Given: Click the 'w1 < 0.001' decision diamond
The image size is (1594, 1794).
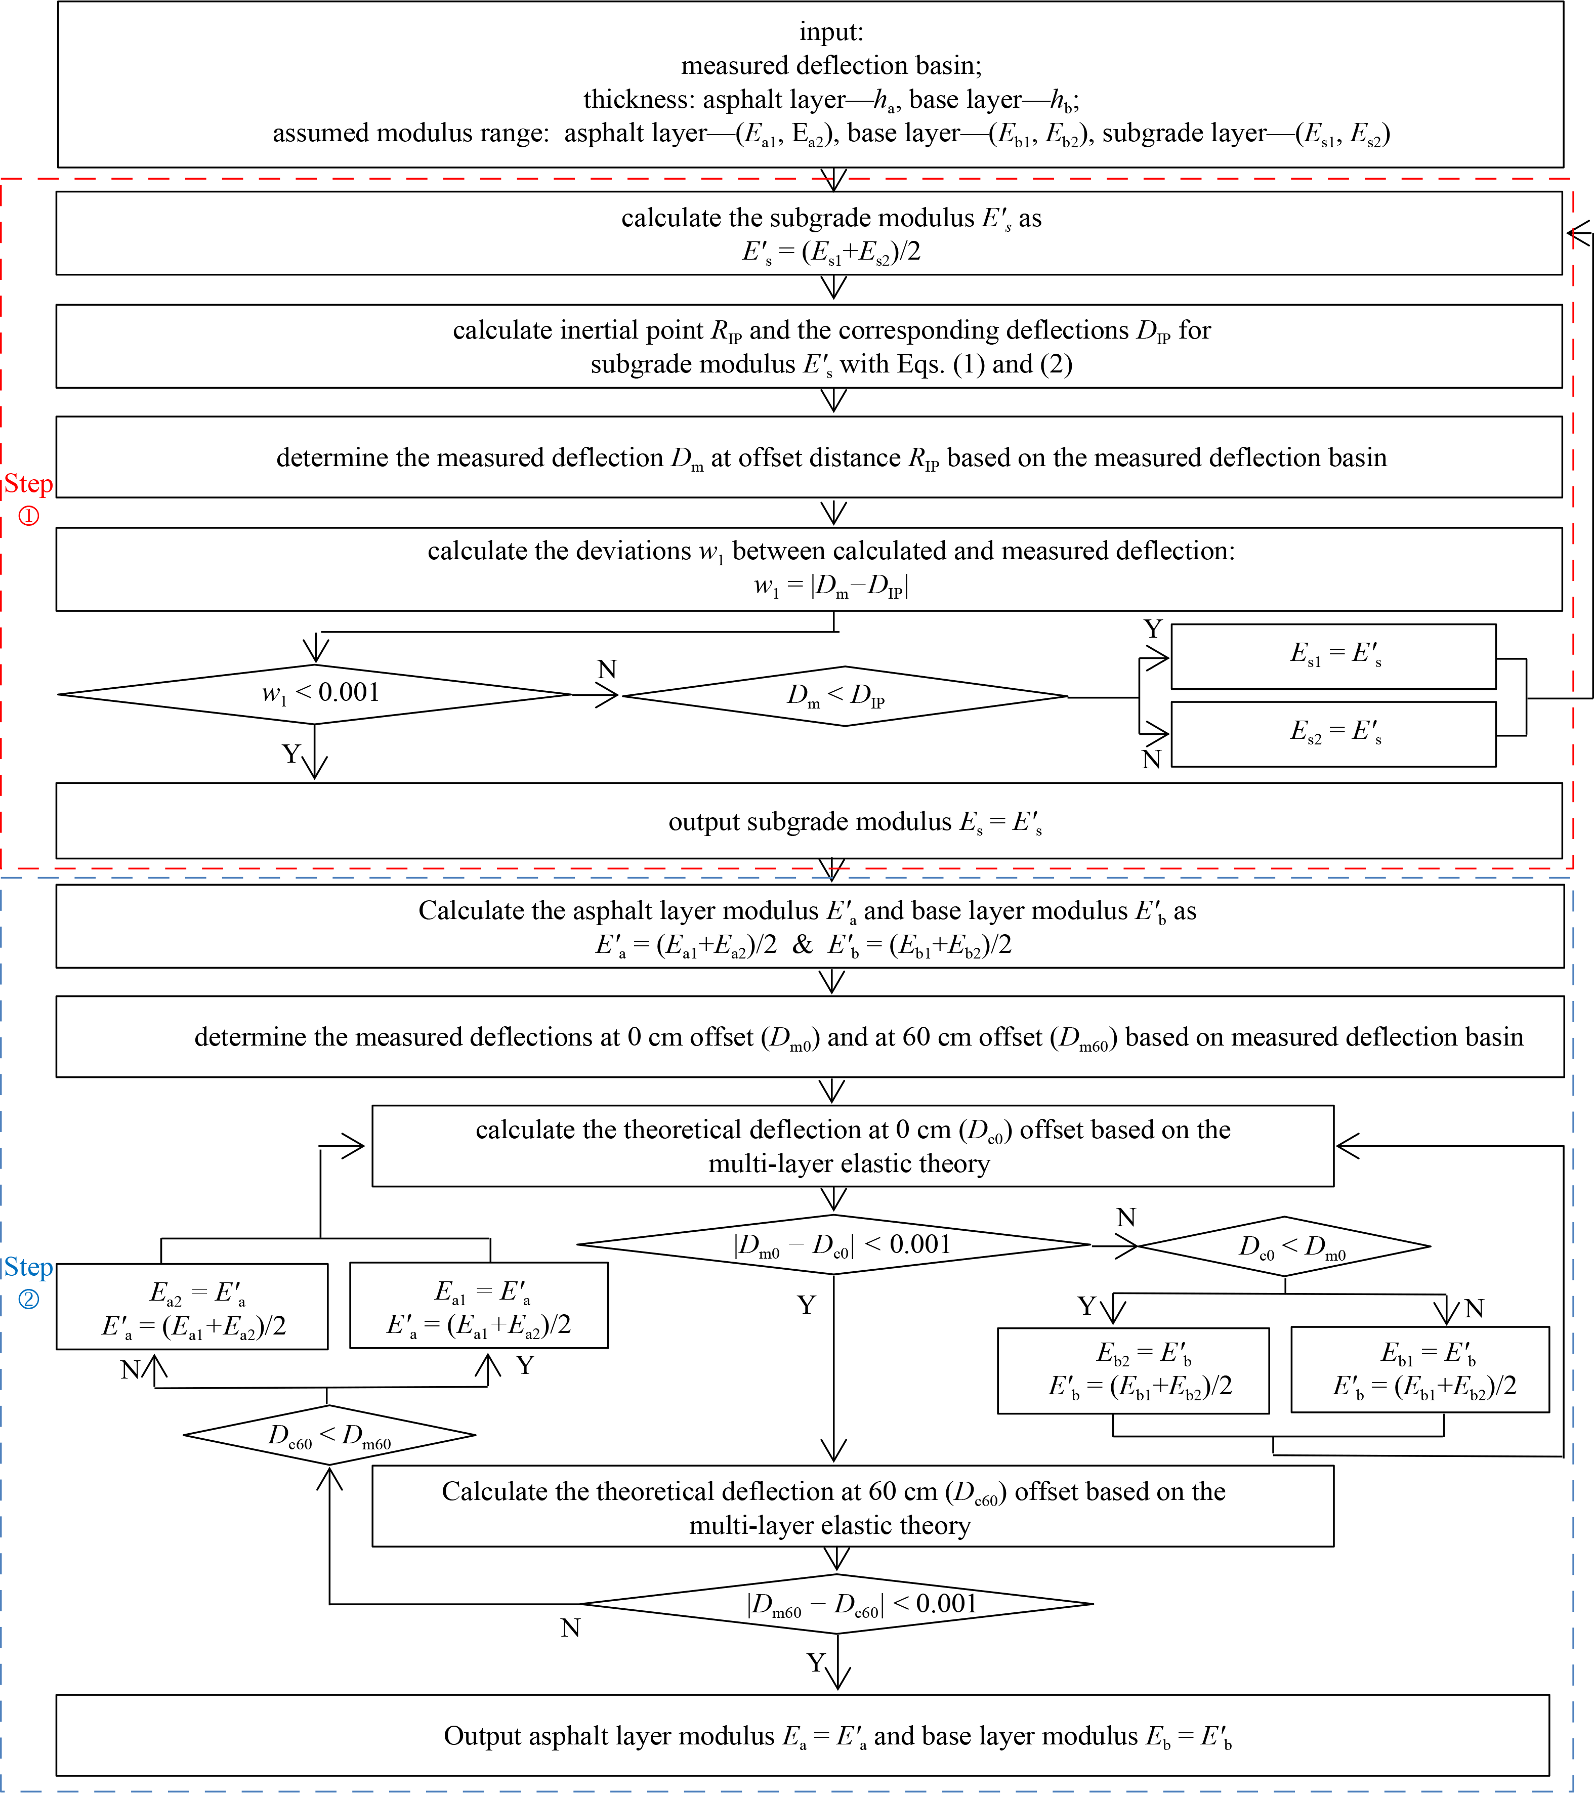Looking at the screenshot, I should pyautogui.click(x=316, y=694).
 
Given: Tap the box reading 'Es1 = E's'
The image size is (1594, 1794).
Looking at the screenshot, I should pyautogui.click(x=1333, y=656).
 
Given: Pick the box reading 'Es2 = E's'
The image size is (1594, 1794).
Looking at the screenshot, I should pyautogui.click(x=1333, y=734).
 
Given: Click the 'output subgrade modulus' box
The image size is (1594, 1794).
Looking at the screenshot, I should pyautogui.click(x=809, y=821).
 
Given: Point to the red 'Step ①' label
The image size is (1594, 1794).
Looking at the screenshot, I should pyautogui.click(x=28, y=497).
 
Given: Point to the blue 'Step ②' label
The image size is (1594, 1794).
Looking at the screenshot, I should pyautogui.click(x=28, y=1281).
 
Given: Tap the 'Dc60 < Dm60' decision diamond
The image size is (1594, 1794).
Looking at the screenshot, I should pyautogui.click(x=329, y=1436).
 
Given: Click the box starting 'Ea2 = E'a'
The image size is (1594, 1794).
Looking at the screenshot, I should pyautogui.click(x=192, y=1307).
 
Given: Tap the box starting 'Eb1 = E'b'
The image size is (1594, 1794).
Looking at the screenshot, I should pyautogui.click(x=1419, y=1370).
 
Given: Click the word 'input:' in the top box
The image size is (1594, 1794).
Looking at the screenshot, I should pyautogui.click(x=831, y=32).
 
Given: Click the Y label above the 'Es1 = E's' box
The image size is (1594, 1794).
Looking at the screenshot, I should pyautogui.click(x=1153, y=630).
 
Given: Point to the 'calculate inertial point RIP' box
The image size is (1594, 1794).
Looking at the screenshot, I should pyautogui.click(x=809, y=347).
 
